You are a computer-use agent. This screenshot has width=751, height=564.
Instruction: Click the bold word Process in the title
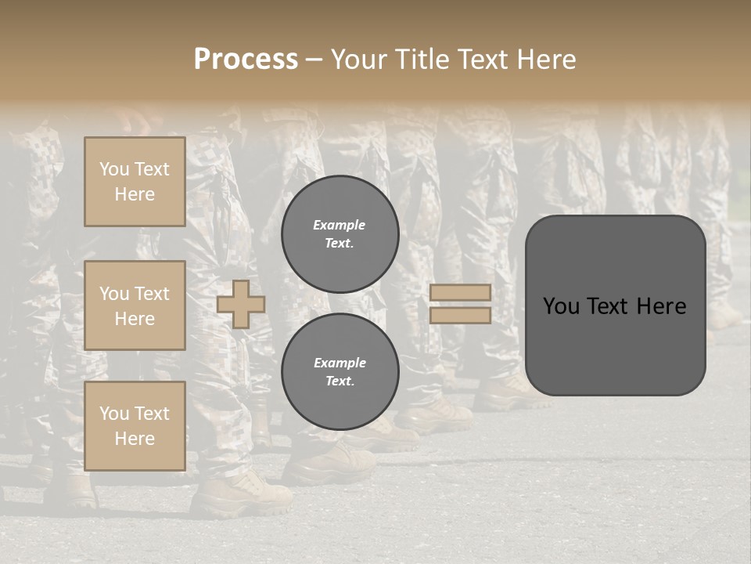246,60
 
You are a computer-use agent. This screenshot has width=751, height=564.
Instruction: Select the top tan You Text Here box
135,182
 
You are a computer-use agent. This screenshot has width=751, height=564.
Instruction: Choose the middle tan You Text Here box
135,305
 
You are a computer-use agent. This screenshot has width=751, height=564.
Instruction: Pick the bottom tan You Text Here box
135,426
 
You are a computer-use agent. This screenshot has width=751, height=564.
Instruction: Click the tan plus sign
241,304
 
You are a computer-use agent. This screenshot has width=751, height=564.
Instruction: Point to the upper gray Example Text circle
340,233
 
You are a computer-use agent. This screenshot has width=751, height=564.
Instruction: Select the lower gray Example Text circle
340,371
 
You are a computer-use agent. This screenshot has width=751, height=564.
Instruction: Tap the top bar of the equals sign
460,292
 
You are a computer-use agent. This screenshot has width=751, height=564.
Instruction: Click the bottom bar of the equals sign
460,315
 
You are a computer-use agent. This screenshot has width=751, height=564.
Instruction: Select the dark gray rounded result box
615,305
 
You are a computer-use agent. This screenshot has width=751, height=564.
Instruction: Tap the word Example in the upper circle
340,225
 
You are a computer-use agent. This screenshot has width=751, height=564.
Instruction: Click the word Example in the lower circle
340,363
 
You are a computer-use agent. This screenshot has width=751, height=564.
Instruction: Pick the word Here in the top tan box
135,194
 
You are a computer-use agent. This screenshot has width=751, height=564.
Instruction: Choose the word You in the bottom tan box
114,414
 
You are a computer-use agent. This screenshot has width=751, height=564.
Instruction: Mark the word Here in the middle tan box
135,319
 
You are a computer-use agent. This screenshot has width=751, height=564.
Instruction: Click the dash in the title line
314,60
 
